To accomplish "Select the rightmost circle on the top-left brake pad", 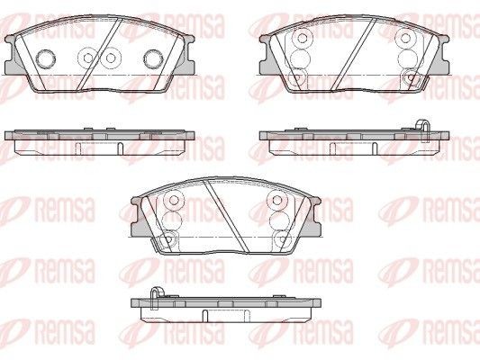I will [152, 58].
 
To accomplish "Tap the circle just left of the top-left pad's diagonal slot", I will [87, 58].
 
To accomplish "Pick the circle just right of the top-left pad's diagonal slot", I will [112, 58].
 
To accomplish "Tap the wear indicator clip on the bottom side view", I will [156, 292].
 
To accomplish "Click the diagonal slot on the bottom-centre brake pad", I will [220, 213].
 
